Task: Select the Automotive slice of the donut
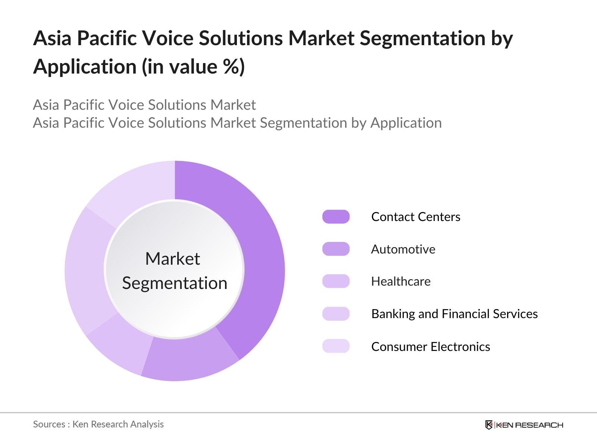point(188,359)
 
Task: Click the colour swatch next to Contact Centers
point(336,217)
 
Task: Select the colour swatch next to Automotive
point(336,249)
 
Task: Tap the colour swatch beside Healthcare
point(336,281)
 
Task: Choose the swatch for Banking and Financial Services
point(336,314)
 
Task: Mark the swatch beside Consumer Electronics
point(336,346)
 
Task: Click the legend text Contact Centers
point(416,217)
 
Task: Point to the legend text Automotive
point(403,249)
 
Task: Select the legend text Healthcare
point(401,281)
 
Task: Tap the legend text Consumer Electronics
point(431,346)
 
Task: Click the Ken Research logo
point(524,425)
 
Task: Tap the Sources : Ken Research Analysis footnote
point(98,424)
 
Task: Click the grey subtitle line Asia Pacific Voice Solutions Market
point(144,105)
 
